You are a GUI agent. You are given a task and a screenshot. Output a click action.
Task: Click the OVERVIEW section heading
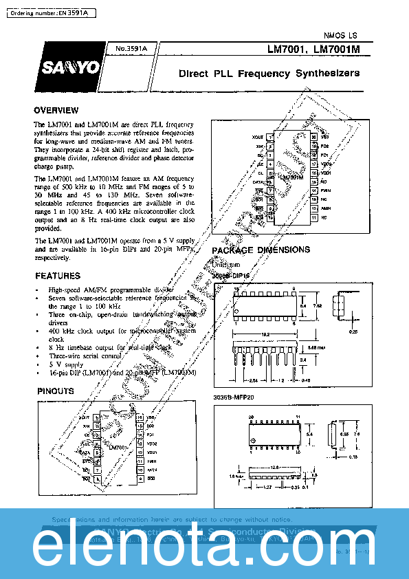coord(56,111)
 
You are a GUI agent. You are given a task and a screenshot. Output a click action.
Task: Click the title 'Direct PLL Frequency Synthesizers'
coord(269,73)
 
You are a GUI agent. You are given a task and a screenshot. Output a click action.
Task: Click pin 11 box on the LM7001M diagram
coord(314,218)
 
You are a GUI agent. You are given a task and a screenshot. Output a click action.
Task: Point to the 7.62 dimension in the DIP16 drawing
coord(317,305)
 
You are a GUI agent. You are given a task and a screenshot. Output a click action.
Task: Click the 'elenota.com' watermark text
coord(204,547)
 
